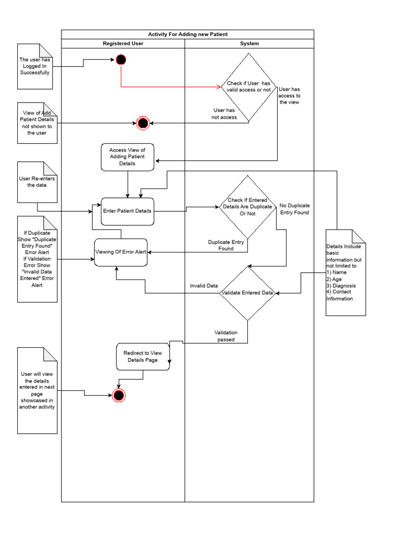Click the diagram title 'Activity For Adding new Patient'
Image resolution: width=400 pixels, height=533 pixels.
187,34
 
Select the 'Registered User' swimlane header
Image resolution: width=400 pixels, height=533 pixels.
123,44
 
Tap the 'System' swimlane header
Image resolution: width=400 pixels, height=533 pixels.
249,44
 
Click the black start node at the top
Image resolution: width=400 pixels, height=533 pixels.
121,60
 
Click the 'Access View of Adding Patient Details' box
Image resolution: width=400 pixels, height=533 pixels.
128,157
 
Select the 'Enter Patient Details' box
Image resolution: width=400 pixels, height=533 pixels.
128,211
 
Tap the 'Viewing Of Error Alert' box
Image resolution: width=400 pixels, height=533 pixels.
120,252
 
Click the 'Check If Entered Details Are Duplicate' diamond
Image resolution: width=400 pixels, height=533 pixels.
247,207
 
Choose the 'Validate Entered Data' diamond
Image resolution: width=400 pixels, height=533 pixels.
248,293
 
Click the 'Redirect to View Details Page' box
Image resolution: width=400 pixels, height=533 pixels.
143,357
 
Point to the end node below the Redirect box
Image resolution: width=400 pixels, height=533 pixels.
119,396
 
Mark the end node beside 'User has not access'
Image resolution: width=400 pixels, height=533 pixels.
142,123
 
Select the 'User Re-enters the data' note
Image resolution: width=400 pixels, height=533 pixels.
36,182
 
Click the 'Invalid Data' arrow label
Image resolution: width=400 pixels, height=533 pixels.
204,286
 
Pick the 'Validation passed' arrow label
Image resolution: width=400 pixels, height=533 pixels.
226,336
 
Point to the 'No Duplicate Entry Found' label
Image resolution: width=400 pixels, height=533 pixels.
294,209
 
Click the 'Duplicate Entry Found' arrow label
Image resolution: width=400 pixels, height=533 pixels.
226,245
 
